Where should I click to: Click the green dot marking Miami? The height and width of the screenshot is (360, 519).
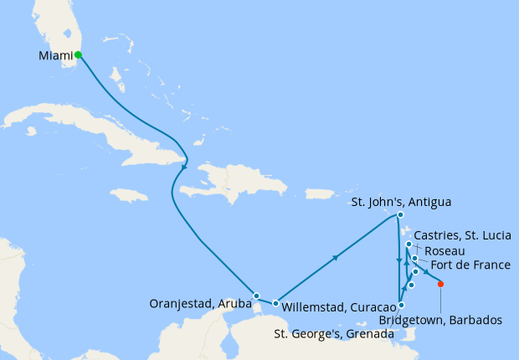tap(78, 55)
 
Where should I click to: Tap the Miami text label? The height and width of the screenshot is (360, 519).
tap(55, 56)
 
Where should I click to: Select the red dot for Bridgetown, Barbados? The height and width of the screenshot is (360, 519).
tap(441, 285)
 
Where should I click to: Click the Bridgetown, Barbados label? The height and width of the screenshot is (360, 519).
tap(440, 320)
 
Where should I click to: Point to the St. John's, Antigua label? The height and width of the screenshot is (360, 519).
tap(401, 202)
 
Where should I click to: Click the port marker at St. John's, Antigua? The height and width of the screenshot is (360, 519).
tap(401, 215)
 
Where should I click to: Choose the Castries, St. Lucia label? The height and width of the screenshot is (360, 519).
tap(464, 235)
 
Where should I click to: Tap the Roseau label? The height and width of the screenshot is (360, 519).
tap(445, 250)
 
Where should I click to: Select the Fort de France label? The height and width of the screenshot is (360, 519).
tap(470, 266)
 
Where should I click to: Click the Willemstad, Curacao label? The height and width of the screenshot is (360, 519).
tap(338, 307)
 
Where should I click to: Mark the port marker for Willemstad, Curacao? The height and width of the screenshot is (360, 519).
tap(275, 302)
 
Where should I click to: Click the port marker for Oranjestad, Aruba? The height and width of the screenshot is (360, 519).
tap(256, 296)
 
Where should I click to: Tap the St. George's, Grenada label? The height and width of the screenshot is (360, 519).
tap(335, 334)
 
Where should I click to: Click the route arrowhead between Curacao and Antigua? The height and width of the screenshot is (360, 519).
tap(336, 258)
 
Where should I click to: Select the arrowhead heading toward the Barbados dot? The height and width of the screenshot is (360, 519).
tap(428, 275)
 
